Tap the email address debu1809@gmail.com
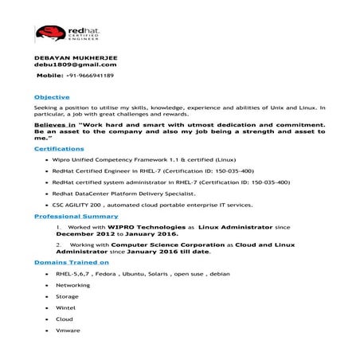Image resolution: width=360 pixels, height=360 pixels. pos(69,66)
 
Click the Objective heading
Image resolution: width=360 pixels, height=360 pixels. pos(51,96)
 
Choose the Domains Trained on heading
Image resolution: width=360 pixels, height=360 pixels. pos(71,262)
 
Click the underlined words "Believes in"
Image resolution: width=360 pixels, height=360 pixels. pos(54,126)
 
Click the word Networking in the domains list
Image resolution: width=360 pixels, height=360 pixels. pos(72,284)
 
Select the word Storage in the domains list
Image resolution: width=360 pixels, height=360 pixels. pos(67,295)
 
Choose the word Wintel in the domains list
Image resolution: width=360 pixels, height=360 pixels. pos(65,307)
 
